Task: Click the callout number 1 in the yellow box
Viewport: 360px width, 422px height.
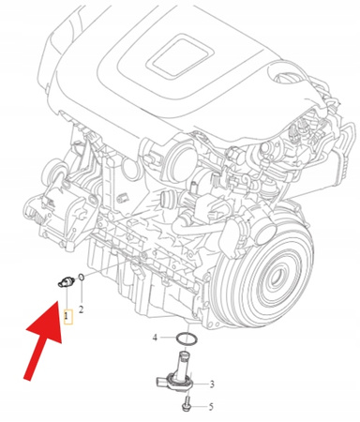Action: pyautogui.click(x=66, y=316)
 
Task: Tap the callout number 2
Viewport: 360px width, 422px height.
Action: pyautogui.click(x=81, y=309)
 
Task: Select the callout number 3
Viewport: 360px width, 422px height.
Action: pyautogui.click(x=212, y=384)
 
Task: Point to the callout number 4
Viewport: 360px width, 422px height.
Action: pyautogui.click(x=155, y=338)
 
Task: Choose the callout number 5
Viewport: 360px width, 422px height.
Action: pyautogui.click(x=211, y=407)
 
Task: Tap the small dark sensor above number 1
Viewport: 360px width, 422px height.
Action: pyautogui.click(x=66, y=281)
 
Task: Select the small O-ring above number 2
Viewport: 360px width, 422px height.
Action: pyautogui.click(x=81, y=277)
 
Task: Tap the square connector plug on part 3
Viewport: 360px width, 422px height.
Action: pyautogui.click(x=162, y=382)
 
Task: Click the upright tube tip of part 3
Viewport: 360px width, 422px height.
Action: pyautogui.click(x=184, y=354)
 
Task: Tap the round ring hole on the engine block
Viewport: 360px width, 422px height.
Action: pyautogui.click(x=127, y=167)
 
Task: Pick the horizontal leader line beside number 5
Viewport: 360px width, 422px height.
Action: pyautogui.click(x=199, y=407)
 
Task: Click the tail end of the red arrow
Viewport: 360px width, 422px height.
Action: pyautogui.click(x=28, y=379)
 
